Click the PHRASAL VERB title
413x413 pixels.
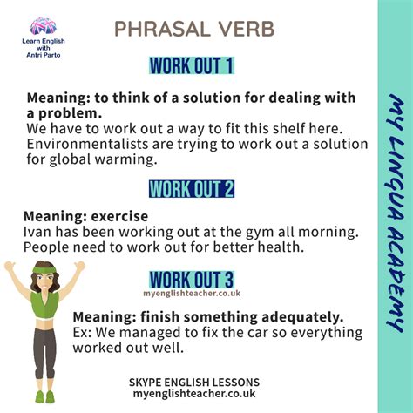click(x=193, y=30)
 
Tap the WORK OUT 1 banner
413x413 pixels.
click(x=192, y=65)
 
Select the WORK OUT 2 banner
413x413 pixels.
click(x=192, y=187)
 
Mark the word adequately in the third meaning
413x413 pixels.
click(x=288, y=315)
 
